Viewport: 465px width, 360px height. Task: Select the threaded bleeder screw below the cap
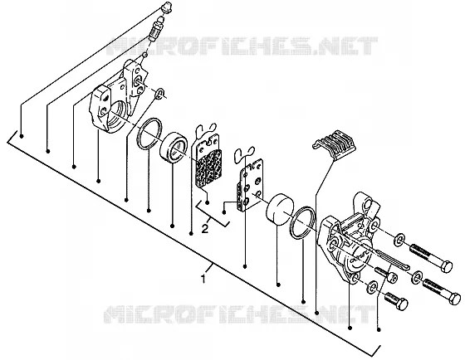pos(156,30)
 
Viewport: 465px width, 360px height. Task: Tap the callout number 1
pos(203,279)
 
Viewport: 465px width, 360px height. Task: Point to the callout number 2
pos(204,229)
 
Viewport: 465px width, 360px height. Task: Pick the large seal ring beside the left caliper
pos(149,134)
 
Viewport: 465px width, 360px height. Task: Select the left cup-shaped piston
pos(174,148)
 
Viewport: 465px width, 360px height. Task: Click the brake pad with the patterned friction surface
pos(207,162)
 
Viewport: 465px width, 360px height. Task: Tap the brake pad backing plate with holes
pos(249,186)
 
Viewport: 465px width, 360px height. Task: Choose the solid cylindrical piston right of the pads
pos(280,209)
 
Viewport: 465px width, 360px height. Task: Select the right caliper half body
pos(349,239)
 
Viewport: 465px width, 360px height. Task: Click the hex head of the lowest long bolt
pos(454,296)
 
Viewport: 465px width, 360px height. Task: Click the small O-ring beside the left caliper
pos(160,94)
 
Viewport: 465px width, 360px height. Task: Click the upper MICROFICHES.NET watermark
pos(242,46)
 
